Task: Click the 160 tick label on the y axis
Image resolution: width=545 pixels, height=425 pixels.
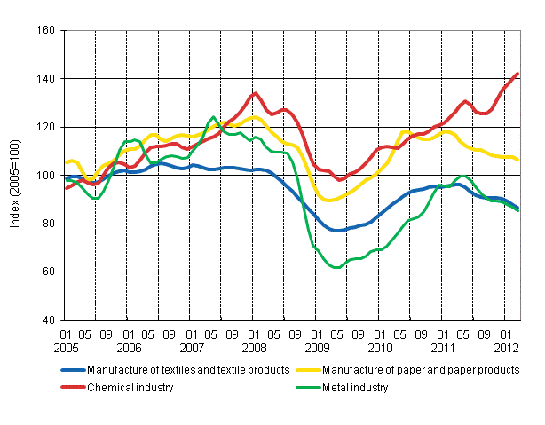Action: click(47, 31)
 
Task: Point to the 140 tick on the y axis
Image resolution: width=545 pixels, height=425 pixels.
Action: click(47, 79)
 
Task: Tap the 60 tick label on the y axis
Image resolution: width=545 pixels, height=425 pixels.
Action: click(50, 272)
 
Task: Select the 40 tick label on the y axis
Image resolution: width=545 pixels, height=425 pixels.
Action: click(50, 320)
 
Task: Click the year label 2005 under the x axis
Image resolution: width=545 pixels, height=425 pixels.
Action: click(67, 348)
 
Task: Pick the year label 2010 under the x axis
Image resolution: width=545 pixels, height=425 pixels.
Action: click(381, 348)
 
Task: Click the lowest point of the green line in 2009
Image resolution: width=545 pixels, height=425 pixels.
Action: click(336, 267)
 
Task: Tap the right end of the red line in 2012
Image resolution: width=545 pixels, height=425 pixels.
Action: click(517, 74)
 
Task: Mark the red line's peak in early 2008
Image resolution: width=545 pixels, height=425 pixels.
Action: click(255, 93)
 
